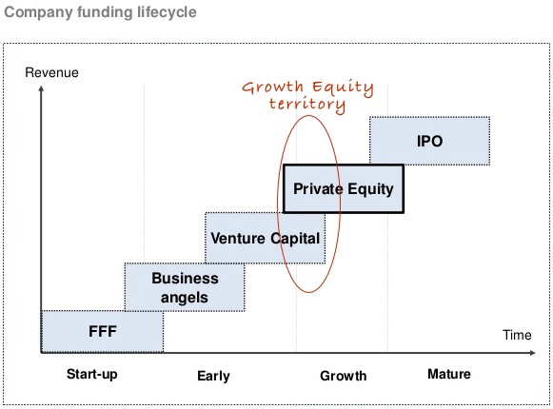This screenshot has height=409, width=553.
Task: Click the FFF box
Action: [x=103, y=331]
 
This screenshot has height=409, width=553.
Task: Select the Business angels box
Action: [x=185, y=287]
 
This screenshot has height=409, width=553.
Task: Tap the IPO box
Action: [x=429, y=141]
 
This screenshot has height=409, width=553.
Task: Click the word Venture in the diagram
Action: [x=238, y=238]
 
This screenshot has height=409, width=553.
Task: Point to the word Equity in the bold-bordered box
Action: [x=370, y=189]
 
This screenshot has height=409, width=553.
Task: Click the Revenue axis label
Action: [x=51, y=72]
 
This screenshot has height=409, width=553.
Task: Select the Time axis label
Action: [x=517, y=335]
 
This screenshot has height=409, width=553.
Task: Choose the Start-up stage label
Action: [x=92, y=374]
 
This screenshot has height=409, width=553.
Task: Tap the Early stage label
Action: [x=213, y=376]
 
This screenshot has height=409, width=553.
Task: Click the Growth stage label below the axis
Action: [x=344, y=376]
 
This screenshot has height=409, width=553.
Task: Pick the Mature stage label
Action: [x=449, y=374]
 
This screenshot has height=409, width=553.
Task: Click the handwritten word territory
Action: [x=307, y=104]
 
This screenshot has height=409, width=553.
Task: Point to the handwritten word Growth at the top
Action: [x=272, y=87]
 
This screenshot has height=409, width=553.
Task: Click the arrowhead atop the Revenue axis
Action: [x=41, y=88]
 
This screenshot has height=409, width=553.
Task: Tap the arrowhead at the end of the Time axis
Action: [x=533, y=352]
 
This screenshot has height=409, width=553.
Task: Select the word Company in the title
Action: [x=38, y=12]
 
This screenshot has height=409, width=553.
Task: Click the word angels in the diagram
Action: [x=185, y=298]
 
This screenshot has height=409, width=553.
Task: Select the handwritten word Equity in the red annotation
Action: [x=343, y=88]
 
